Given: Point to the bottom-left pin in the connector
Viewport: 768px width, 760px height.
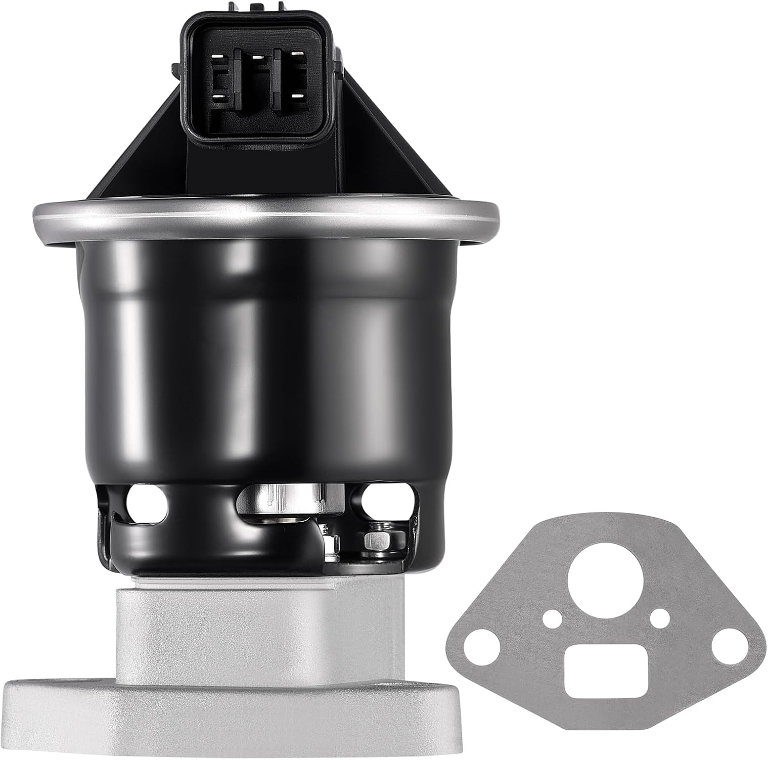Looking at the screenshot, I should pyautogui.click(x=218, y=96).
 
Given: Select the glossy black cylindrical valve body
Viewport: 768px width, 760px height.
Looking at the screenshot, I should pyautogui.click(x=266, y=348).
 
